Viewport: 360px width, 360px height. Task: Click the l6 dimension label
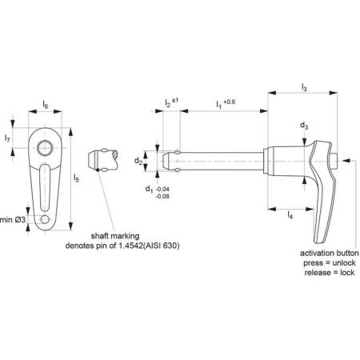point(46,105)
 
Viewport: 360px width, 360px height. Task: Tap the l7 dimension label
point(7,138)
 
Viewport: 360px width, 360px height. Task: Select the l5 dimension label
point(77,178)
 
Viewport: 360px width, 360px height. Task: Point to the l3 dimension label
point(304,87)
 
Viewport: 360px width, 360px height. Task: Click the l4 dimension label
point(290,214)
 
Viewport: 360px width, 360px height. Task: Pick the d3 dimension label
point(304,126)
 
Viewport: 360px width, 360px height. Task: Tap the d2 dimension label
point(138,161)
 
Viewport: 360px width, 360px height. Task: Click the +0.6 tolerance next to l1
point(230,102)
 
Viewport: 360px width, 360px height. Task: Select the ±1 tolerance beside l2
point(175,101)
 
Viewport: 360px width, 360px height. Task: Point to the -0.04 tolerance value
point(162,189)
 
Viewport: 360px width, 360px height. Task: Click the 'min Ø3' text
point(13,220)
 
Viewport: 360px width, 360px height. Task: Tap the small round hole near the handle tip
point(45,219)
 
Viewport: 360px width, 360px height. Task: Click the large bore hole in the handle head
point(45,148)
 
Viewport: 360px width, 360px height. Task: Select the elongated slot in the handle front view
point(45,188)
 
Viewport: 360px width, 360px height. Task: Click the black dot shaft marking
point(98,170)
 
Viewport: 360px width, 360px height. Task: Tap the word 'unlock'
point(344,263)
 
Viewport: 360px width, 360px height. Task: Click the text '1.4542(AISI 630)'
point(149,246)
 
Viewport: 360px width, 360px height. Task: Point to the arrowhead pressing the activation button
point(345,161)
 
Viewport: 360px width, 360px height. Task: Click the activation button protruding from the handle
point(335,161)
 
